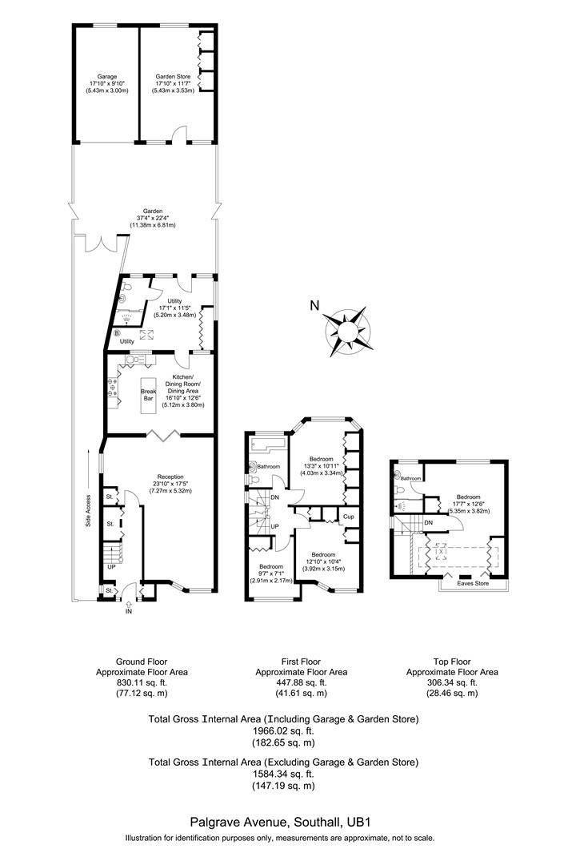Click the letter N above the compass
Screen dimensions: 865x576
coord(314,304)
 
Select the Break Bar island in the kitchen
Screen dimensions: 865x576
coord(150,396)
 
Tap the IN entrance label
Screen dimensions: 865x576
coord(128,612)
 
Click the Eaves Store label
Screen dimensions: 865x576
coord(473,584)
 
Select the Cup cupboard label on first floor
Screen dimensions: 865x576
coord(349,517)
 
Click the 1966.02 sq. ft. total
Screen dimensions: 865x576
coord(283,730)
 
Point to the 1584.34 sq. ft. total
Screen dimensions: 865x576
coord(283,774)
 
